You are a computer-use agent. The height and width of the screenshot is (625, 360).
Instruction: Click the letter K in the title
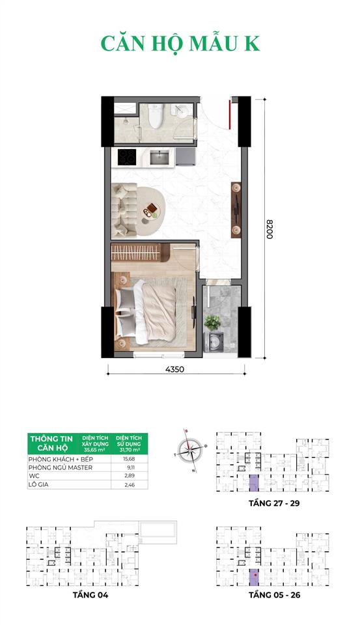251,43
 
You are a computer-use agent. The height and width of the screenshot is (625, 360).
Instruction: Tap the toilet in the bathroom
155,117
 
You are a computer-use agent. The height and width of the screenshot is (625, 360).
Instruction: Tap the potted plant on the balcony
213,322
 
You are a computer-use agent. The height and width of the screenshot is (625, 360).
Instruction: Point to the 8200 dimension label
269,227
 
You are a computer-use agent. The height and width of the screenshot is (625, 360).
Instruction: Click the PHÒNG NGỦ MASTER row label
60,467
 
